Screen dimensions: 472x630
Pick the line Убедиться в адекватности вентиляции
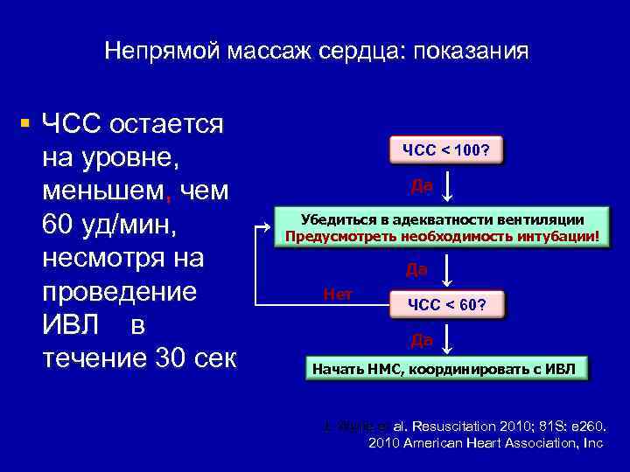(x=442, y=219)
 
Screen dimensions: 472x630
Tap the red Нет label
(x=338, y=294)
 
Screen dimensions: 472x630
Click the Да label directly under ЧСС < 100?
(x=421, y=185)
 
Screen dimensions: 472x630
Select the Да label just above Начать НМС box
(x=421, y=339)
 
